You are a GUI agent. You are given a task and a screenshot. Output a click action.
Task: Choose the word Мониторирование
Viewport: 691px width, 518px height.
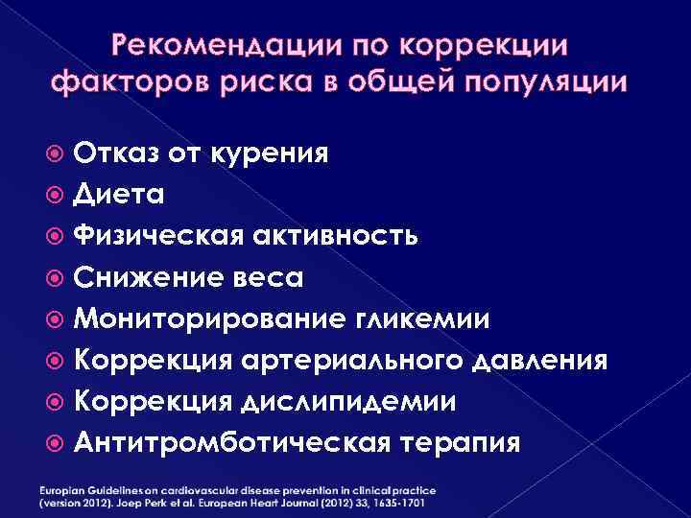pos(198,319)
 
